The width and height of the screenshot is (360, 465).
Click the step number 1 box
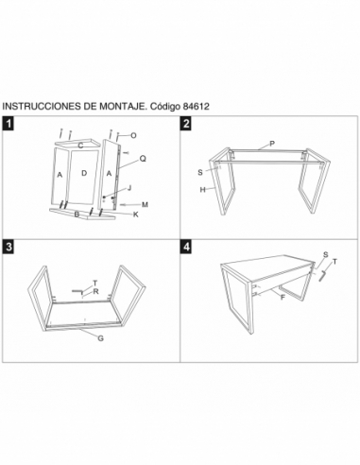(9, 124)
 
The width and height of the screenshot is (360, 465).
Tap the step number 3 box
(9, 247)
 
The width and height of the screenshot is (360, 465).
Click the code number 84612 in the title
(193, 106)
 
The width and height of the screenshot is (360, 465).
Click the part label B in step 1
(76, 215)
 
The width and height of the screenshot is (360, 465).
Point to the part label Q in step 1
(143, 159)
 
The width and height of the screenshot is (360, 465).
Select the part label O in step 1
(133, 135)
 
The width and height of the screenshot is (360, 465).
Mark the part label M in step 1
(146, 204)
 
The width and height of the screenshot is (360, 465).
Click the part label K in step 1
(135, 215)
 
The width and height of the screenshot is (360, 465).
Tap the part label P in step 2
(271, 142)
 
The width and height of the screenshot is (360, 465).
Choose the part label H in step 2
(202, 189)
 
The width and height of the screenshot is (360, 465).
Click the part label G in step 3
(99, 337)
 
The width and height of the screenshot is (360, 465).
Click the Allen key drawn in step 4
(322, 275)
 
